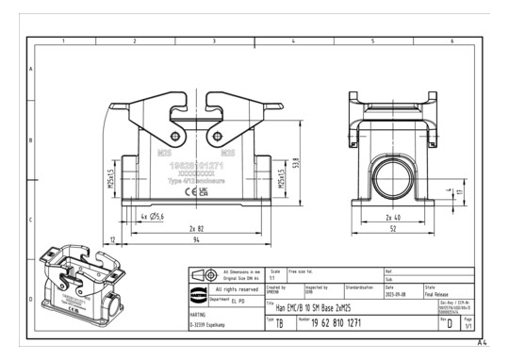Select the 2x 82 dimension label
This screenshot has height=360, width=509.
(x=196, y=229)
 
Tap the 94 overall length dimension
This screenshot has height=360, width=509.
(x=196, y=242)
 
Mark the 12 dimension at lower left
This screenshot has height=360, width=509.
(x=114, y=242)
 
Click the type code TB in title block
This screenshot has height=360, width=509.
(x=280, y=323)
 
